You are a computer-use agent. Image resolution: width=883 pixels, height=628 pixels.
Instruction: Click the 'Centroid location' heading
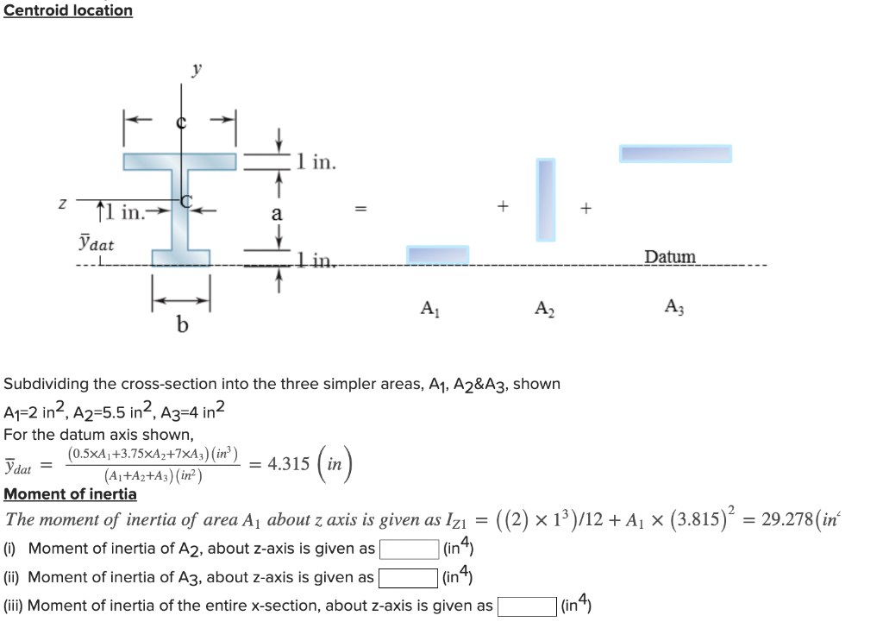tap(68, 10)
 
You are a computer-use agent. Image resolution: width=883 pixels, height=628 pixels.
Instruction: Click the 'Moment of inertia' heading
tap(71, 494)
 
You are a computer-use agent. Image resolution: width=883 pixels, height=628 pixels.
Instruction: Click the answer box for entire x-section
tap(525, 606)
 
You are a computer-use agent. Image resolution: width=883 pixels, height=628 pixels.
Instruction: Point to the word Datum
tap(669, 256)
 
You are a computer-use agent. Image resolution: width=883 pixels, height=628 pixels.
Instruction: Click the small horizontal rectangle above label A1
tap(438, 254)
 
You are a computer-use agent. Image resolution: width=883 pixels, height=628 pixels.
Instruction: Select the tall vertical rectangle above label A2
tap(546, 199)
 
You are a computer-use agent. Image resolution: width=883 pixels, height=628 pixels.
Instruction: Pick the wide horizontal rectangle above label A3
tap(675, 154)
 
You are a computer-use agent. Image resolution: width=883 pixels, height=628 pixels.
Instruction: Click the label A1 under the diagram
tap(429, 307)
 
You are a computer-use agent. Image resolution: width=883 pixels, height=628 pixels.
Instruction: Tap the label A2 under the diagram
tap(543, 307)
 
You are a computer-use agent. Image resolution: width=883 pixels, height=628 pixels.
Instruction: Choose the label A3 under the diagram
tap(673, 306)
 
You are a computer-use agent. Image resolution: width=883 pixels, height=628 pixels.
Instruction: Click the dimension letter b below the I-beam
tap(181, 325)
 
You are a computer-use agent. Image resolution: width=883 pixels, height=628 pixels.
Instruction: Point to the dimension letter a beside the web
tap(277, 213)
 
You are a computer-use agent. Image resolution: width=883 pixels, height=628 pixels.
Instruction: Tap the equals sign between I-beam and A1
tap(362, 208)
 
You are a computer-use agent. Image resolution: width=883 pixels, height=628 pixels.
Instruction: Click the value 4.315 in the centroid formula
tap(289, 463)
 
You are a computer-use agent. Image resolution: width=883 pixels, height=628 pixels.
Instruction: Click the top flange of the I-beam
tap(179, 161)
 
